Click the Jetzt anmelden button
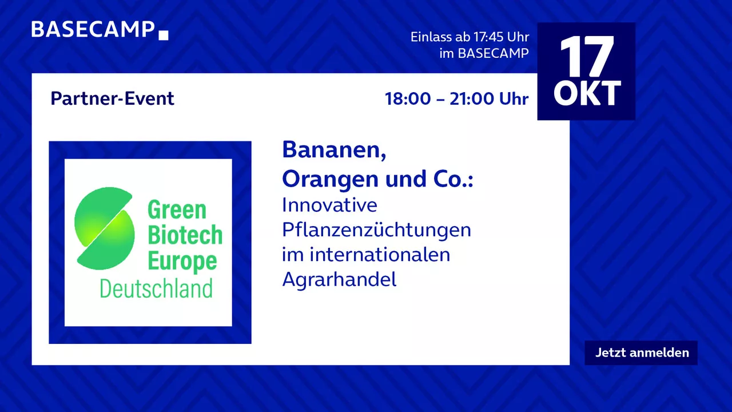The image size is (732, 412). point(641,353)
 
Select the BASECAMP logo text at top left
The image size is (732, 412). point(93,29)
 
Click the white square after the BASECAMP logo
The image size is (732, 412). point(164,35)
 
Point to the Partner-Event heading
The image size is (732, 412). point(113,98)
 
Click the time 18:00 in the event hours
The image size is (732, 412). point(408,99)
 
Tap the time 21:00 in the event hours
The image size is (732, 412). point(471,99)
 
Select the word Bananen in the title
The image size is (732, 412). point(334,150)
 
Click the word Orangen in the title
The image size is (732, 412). point(331,179)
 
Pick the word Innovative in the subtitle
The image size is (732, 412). point(329,205)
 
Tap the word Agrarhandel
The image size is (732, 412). point(339,280)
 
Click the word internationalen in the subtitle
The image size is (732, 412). point(380,255)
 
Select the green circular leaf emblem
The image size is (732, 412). point(104,228)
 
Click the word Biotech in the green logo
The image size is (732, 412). point(185,235)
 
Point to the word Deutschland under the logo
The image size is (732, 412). point(156,288)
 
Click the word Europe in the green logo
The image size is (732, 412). point(182,261)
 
